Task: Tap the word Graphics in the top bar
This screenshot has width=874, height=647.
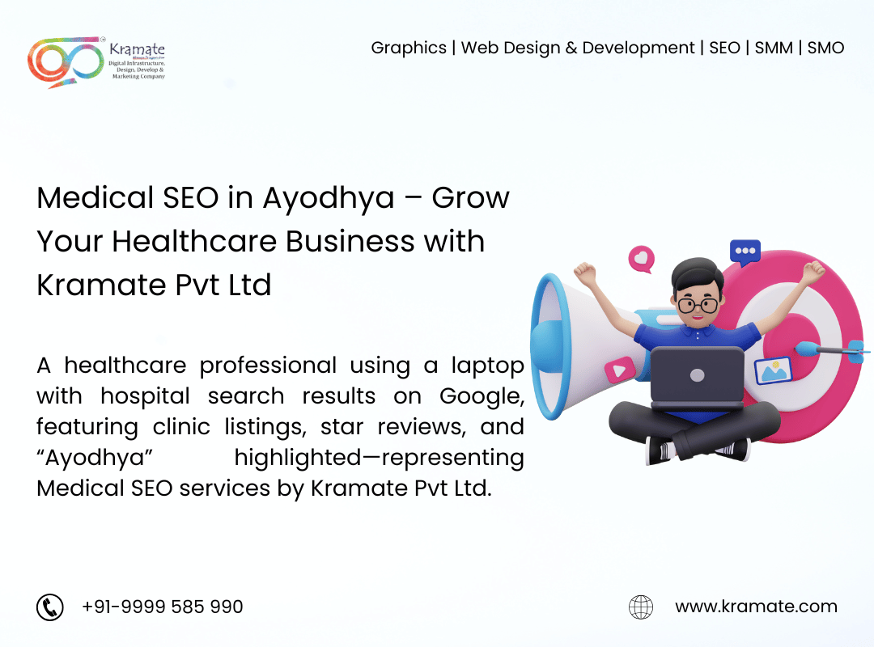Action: pos(409,49)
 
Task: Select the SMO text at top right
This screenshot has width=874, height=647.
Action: pos(825,48)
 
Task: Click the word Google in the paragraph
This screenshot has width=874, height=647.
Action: pos(482,397)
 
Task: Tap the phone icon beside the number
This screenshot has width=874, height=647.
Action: pos(50,607)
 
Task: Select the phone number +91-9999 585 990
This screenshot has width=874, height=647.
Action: pos(162,607)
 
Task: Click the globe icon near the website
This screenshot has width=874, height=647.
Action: pos(641,607)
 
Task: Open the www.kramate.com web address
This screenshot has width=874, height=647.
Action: pos(757,607)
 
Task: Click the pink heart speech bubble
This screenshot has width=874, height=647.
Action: pos(642,259)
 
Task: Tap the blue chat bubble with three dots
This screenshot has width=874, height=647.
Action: pos(745,252)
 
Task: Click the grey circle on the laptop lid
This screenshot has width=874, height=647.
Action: pos(698,375)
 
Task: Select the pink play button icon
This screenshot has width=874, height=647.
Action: pos(619,370)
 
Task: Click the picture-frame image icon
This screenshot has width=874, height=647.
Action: pos(773,371)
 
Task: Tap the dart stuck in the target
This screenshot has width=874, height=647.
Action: pos(830,350)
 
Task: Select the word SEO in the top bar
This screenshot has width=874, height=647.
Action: pos(724,48)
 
